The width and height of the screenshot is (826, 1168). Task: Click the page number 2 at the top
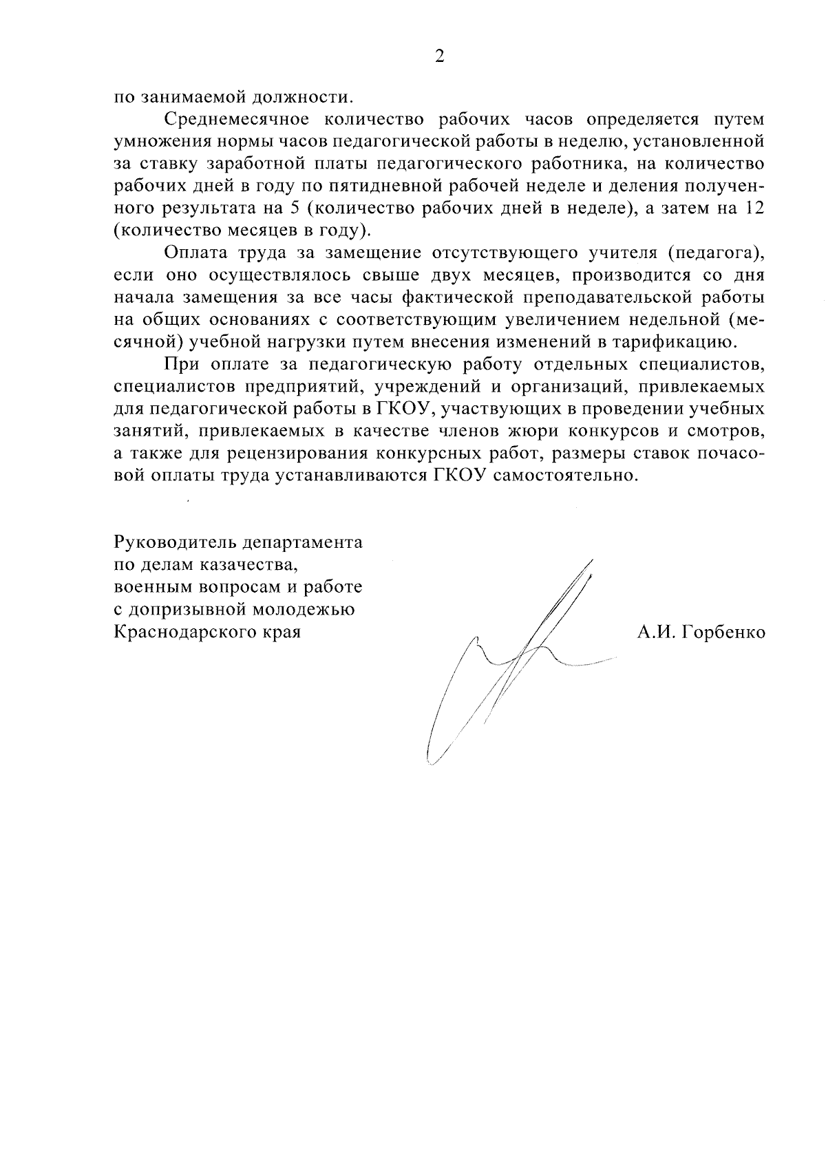coord(439,57)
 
